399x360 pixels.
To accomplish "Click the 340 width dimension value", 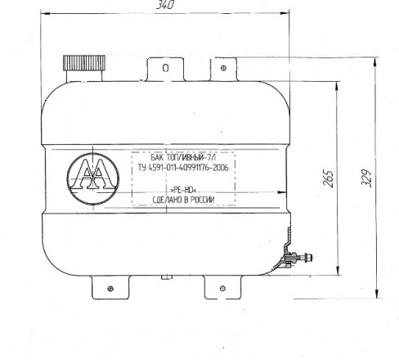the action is [x=165, y=5].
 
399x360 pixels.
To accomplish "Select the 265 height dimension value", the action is [x=328, y=178].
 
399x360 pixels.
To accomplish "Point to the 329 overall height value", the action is [x=366, y=178].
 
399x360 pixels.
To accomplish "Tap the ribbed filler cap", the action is [x=84, y=63].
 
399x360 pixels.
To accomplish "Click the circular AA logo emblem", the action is [x=93, y=178].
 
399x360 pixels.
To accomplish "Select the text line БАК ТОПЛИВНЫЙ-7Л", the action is [x=183, y=157].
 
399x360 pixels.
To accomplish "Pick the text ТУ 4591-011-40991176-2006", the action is [x=183, y=167].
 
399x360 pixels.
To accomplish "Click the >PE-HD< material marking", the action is [x=183, y=190].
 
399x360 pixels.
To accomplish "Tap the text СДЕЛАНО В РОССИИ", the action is [x=183, y=200].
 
